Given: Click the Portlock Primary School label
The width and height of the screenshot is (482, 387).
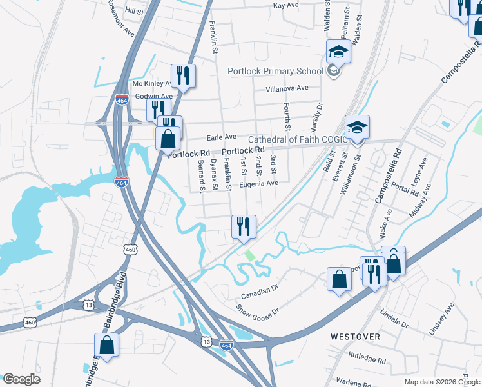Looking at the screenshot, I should point(275,71).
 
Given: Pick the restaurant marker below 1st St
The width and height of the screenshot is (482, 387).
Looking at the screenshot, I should point(244,226).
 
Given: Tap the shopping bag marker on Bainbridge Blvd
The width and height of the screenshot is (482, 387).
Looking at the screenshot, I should point(107,345).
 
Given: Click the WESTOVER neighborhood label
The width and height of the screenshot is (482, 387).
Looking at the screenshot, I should point(355,337).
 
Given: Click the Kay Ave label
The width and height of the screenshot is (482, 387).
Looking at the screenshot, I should point(286,5).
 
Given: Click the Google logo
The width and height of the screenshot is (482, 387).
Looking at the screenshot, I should point(21,379).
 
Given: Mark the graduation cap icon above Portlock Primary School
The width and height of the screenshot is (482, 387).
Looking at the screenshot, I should point(338,52).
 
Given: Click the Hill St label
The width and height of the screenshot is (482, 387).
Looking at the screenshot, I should point(135,12).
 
